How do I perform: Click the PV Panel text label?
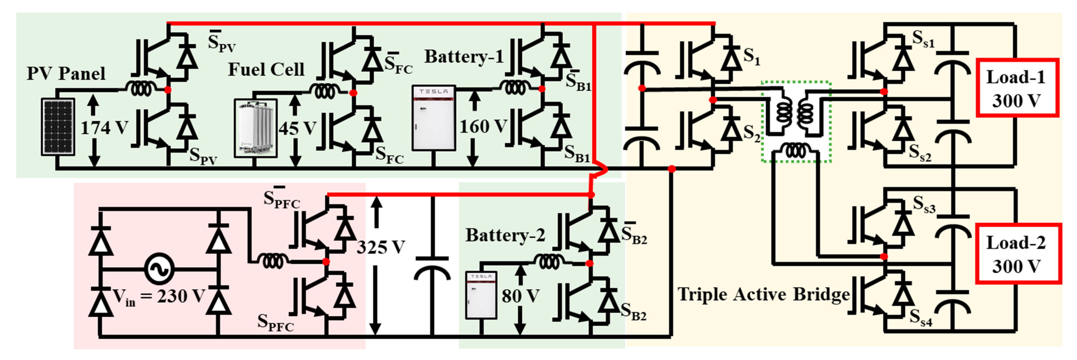click(66, 74)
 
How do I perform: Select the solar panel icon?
click(58, 127)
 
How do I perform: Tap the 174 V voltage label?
click(104, 127)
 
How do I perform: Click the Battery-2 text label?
click(505, 235)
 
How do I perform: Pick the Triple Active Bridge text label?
click(763, 294)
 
